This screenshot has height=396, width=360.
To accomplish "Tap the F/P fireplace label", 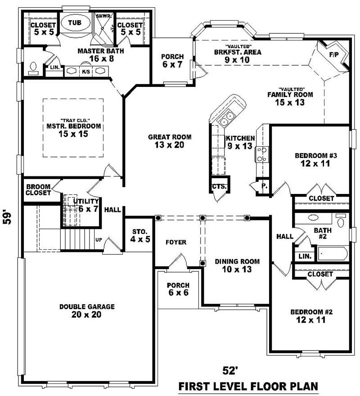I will [334, 55].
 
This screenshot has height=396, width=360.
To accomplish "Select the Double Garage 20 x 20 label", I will [87, 310].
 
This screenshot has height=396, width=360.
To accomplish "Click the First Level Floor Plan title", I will [248, 386].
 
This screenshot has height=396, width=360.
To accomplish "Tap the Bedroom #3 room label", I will [316, 160].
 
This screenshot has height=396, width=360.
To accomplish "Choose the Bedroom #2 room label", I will [308, 316].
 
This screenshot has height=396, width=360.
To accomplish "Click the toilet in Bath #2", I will [341, 221].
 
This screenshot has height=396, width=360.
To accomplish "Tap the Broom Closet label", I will [38, 190].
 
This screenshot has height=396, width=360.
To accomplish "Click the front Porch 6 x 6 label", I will [178, 289].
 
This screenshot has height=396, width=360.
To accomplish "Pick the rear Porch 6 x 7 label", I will [172, 60].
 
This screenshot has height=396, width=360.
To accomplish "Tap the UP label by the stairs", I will [99, 239].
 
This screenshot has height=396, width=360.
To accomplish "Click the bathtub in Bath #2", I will [332, 254].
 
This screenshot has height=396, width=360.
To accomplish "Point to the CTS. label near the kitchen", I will [220, 186].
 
